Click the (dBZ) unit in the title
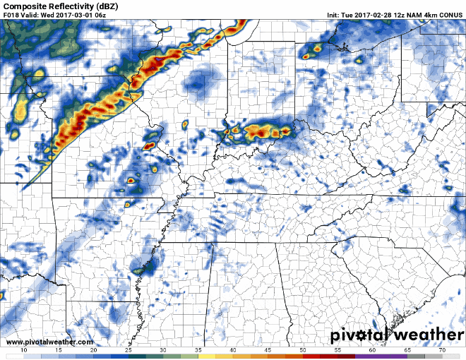111,6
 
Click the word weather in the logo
426,333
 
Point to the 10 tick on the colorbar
25,350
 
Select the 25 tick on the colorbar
129,350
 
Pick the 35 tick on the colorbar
198,350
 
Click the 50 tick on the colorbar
302,350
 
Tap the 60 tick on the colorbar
371,350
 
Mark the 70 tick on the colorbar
441,350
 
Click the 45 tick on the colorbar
268,350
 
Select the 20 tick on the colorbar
94,350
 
